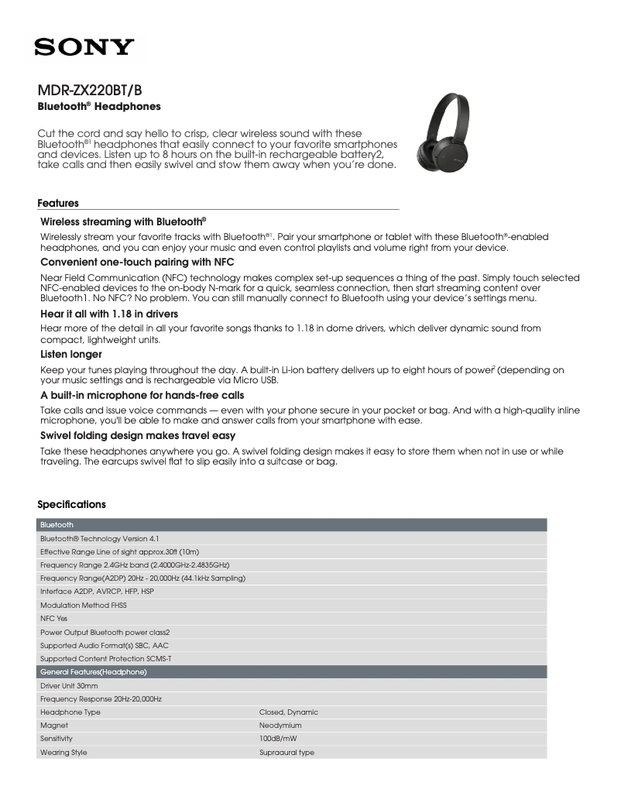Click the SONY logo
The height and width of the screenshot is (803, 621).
coord(84,48)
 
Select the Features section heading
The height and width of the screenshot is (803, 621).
coord(58,204)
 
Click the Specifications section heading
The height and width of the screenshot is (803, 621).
coord(71,505)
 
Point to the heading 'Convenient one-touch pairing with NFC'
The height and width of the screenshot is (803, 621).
coord(137,263)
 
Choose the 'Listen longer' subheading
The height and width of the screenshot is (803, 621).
coord(71,354)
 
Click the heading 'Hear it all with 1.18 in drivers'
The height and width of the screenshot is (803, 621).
coord(109,314)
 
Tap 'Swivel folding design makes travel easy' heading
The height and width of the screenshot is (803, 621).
coord(138,436)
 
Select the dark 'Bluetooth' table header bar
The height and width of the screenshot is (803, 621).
coord(292,525)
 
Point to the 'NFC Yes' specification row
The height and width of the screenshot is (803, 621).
coord(54,619)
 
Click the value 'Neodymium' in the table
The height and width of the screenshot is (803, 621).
coord(280,726)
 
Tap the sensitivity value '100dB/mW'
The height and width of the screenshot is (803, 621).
coord(278,739)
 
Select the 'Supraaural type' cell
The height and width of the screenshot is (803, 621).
coord(286,753)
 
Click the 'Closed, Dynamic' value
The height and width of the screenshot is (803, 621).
coord(288,712)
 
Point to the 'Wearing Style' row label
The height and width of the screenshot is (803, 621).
coord(63,753)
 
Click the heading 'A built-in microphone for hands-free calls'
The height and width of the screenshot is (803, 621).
coord(142,395)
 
